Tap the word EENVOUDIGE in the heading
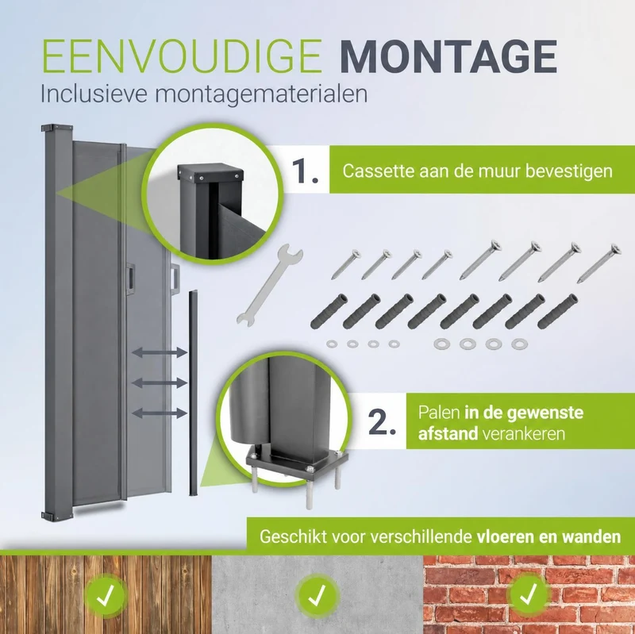(182, 56)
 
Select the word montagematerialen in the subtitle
(261, 95)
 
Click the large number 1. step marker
(305, 171)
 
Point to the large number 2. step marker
(382, 421)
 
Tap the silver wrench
(269, 285)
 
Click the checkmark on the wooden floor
(106, 595)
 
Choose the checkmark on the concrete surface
(317, 595)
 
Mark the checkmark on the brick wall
(529, 593)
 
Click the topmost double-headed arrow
(160, 352)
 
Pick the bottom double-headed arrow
(160, 413)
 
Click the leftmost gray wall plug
(329, 311)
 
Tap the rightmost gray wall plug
(557, 311)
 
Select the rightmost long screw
(598, 263)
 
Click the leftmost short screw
(344, 264)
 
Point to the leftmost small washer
(332, 344)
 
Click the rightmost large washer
(519, 344)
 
